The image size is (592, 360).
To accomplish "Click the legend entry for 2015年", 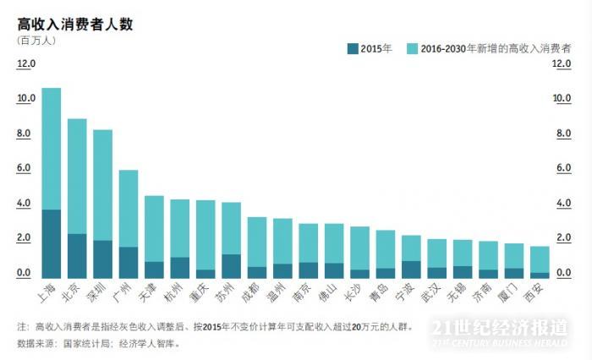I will [x=370, y=49].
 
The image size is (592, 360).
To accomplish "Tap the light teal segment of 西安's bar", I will [x=539, y=259].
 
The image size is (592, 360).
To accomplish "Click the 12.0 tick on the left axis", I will [x=26, y=63].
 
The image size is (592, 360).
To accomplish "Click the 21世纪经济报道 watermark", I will [x=499, y=328].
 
